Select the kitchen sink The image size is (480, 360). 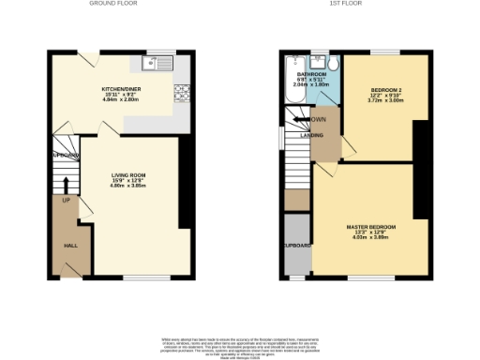155,64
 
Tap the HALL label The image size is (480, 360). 70,245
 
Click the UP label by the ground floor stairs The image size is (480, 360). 67,200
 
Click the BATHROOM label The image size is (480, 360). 312,74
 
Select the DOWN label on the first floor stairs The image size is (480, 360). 319,119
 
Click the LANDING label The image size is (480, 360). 312,136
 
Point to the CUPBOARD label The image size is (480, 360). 297,245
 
